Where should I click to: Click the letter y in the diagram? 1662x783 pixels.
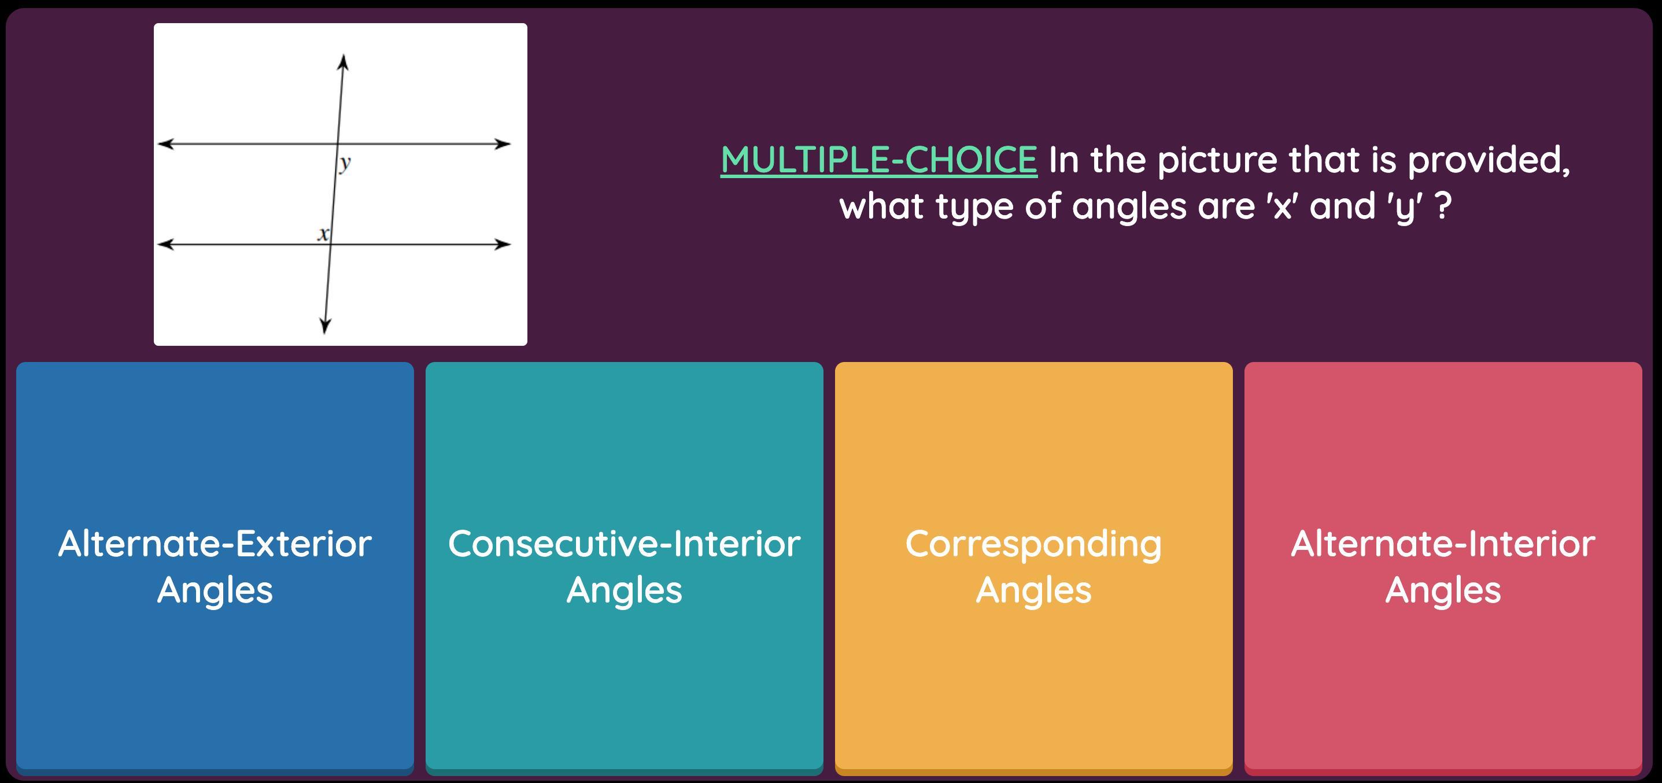[345, 163]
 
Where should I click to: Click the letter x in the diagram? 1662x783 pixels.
[323, 234]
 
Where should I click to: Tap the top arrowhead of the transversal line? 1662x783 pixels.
[344, 62]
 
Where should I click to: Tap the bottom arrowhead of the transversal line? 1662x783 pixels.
[325, 326]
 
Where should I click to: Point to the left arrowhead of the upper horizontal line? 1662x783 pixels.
[166, 143]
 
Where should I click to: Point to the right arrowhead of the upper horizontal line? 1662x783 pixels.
[503, 144]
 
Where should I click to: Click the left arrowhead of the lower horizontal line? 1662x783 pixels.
[166, 244]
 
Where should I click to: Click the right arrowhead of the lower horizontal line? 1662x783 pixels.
[503, 245]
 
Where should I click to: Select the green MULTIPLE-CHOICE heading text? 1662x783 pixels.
[879, 160]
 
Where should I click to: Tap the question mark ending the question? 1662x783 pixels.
[1444, 206]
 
